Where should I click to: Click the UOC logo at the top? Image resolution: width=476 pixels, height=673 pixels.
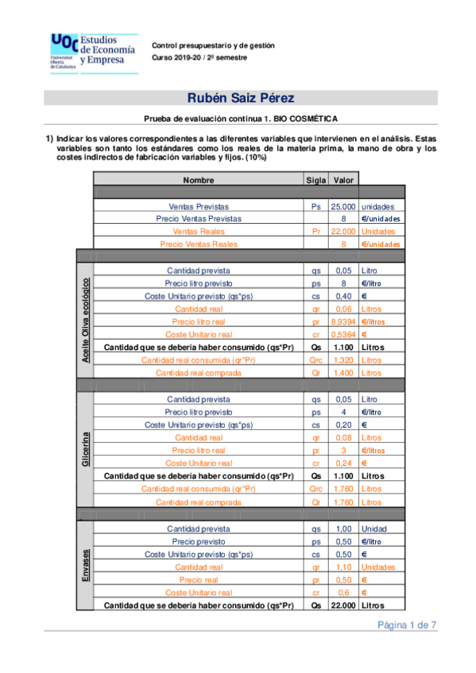point(94,51)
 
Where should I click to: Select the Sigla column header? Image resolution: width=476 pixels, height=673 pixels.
point(316,180)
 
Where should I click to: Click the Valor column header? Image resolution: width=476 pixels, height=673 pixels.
point(343,180)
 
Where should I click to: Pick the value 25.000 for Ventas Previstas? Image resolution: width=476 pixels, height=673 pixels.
point(343,206)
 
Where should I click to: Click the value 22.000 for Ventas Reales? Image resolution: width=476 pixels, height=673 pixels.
point(343,231)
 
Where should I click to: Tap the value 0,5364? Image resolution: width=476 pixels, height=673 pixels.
point(343,334)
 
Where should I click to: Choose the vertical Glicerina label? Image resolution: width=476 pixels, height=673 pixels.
point(84,449)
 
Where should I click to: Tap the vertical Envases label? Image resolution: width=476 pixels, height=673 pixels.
point(84,566)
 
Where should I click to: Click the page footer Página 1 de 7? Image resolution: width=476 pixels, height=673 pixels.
point(407,625)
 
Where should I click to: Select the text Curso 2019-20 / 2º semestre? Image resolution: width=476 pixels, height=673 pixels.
point(199,58)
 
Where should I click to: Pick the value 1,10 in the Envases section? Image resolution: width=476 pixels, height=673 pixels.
point(343,567)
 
